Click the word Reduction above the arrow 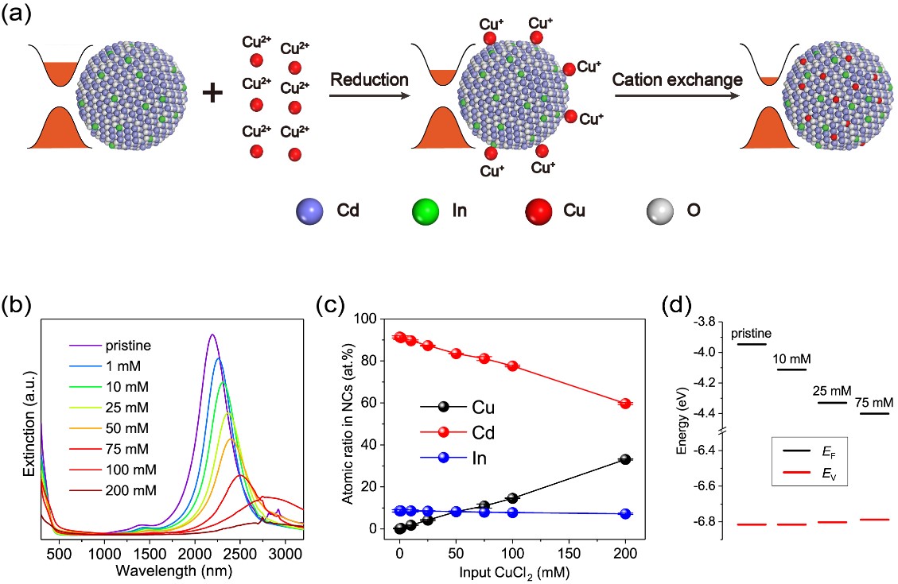(369, 80)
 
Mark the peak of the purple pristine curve (212, 335)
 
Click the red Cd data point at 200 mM (626, 404)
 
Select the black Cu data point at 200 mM (626, 459)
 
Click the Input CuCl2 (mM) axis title (512, 571)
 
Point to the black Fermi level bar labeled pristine (751, 344)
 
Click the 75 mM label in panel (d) (873, 403)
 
